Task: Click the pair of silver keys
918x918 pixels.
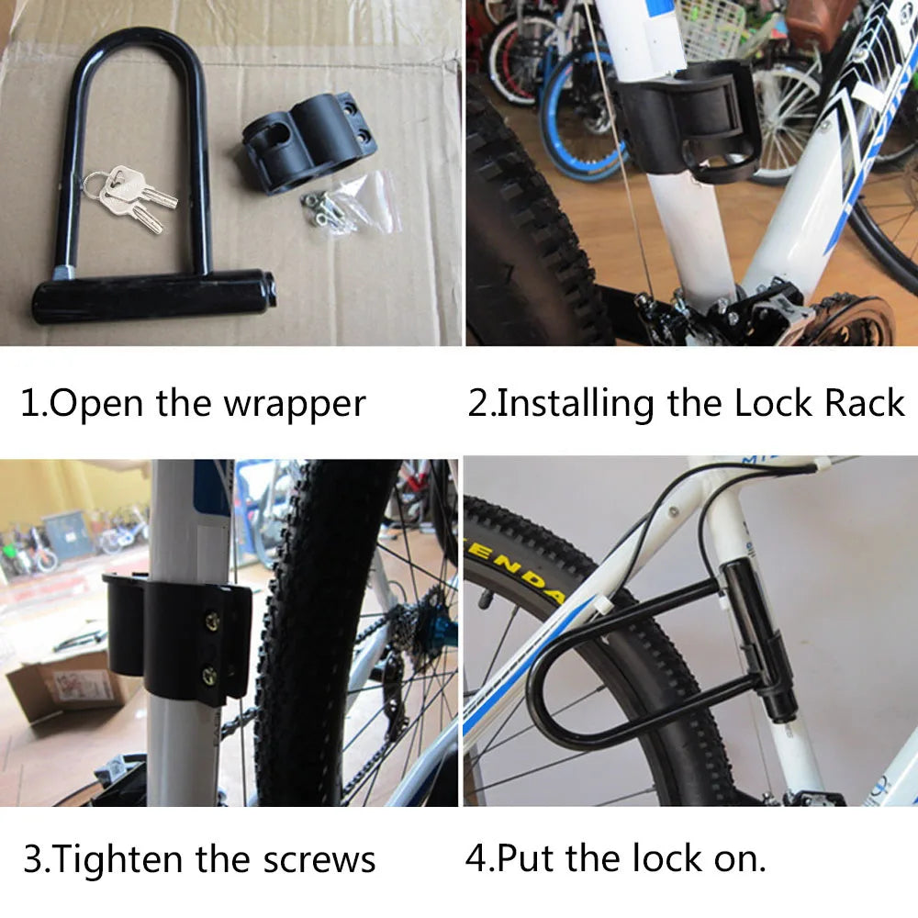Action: [129, 195]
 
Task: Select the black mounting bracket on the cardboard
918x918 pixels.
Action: [308, 142]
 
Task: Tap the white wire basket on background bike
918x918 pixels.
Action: [711, 28]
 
